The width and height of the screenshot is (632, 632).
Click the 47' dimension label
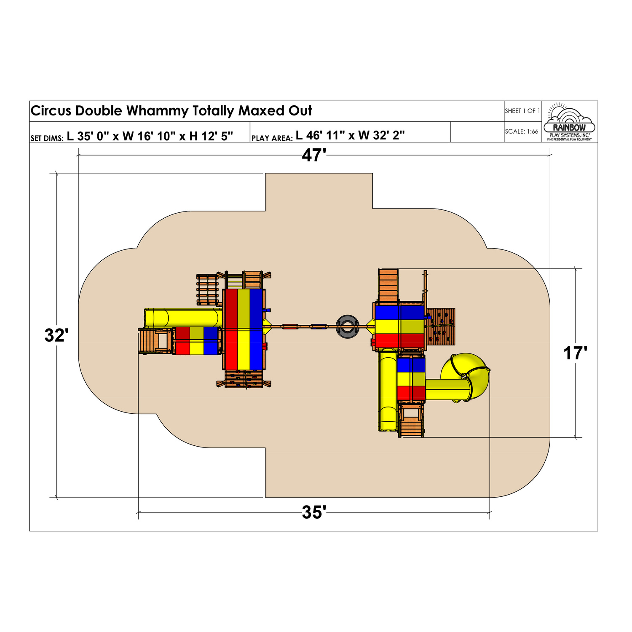pos(314,155)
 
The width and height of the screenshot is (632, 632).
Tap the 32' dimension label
pos(56,335)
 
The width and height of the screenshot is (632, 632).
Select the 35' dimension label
pos(314,512)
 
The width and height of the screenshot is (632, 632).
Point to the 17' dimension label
pos(576,353)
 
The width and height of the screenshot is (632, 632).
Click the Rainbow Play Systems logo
pos(569,122)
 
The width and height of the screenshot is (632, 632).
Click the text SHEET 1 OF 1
pos(522,111)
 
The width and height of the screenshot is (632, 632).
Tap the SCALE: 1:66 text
pos(522,131)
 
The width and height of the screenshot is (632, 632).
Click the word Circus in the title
pos(52,111)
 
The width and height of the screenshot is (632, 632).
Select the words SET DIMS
pos(47,138)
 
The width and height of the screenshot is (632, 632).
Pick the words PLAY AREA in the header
pos(272,138)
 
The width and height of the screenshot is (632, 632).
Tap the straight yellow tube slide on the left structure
pos(183,317)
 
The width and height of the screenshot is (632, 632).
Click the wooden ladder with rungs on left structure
pos(208,289)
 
